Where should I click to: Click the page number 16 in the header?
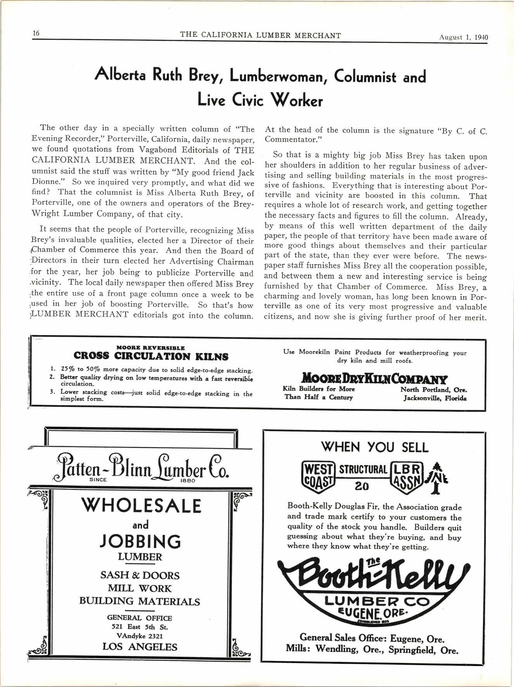(x=36, y=33)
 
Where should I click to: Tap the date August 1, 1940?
(x=463, y=38)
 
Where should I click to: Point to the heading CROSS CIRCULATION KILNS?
(x=151, y=356)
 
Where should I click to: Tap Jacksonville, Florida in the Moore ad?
(x=435, y=398)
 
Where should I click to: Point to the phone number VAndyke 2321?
(x=140, y=636)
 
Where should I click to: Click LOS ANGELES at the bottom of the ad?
(x=140, y=647)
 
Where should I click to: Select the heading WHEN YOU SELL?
(x=374, y=447)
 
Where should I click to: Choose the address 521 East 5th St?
(x=140, y=627)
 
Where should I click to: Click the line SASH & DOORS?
(x=140, y=575)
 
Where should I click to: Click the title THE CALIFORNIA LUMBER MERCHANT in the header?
(x=260, y=36)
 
